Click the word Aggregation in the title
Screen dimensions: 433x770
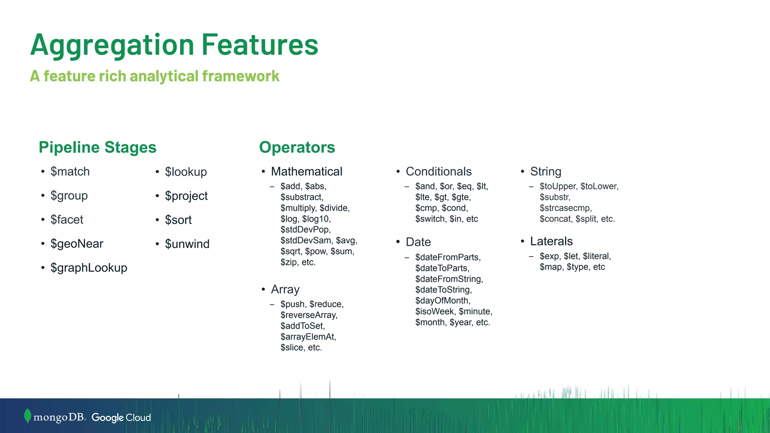[112, 45]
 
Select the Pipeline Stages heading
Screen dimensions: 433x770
[97, 147]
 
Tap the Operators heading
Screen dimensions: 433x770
[297, 147]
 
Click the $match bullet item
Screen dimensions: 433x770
[70, 172]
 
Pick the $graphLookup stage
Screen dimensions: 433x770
[89, 268]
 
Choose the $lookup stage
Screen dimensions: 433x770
[186, 172]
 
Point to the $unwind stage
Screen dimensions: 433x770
[187, 244]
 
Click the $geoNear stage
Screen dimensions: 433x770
[77, 244]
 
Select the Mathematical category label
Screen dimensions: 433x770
[306, 172]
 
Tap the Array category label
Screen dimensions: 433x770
[285, 289]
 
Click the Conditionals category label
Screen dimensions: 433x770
[438, 172]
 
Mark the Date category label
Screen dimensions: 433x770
[418, 242]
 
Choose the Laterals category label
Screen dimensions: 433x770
[551, 241]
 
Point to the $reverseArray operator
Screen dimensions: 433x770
[309, 315]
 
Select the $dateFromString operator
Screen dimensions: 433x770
[449, 279]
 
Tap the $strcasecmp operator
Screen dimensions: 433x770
[565, 208]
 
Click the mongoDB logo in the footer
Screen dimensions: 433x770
[55, 417]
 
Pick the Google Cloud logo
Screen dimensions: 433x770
[121, 418]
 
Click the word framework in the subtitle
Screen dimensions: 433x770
[241, 76]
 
